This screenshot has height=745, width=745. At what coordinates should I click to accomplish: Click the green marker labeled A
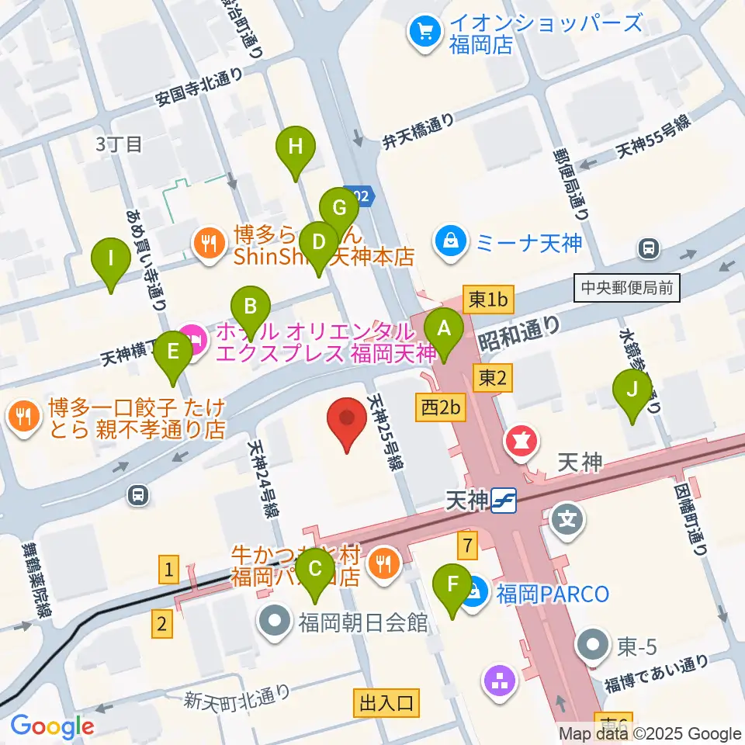click(x=444, y=328)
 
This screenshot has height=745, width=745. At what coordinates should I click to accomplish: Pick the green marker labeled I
click(x=111, y=258)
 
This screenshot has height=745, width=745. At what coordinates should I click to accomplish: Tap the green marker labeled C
click(x=315, y=569)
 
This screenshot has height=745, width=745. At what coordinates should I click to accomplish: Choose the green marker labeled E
click(x=173, y=352)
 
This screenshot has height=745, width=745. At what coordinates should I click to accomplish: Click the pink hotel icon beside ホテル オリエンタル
click(x=193, y=339)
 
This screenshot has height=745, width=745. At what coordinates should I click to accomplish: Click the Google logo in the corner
click(x=52, y=726)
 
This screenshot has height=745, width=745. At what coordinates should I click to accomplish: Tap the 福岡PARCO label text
click(x=553, y=595)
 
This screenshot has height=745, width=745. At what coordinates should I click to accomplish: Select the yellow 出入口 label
click(x=387, y=703)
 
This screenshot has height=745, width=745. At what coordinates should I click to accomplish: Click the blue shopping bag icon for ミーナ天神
click(x=449, y=241)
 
